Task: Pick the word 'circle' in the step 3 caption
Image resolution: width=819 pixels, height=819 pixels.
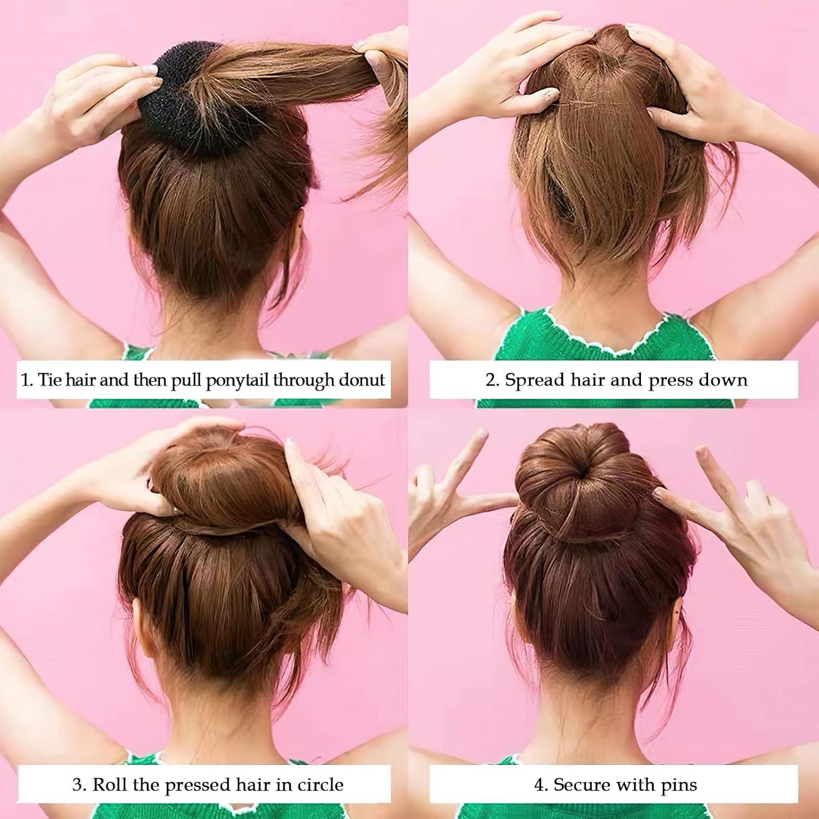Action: click(x=321, y=785)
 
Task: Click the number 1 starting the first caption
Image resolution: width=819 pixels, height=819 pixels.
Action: click(x=25, y=379)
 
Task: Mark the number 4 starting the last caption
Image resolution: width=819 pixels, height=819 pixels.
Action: click(x=539, y=785)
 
